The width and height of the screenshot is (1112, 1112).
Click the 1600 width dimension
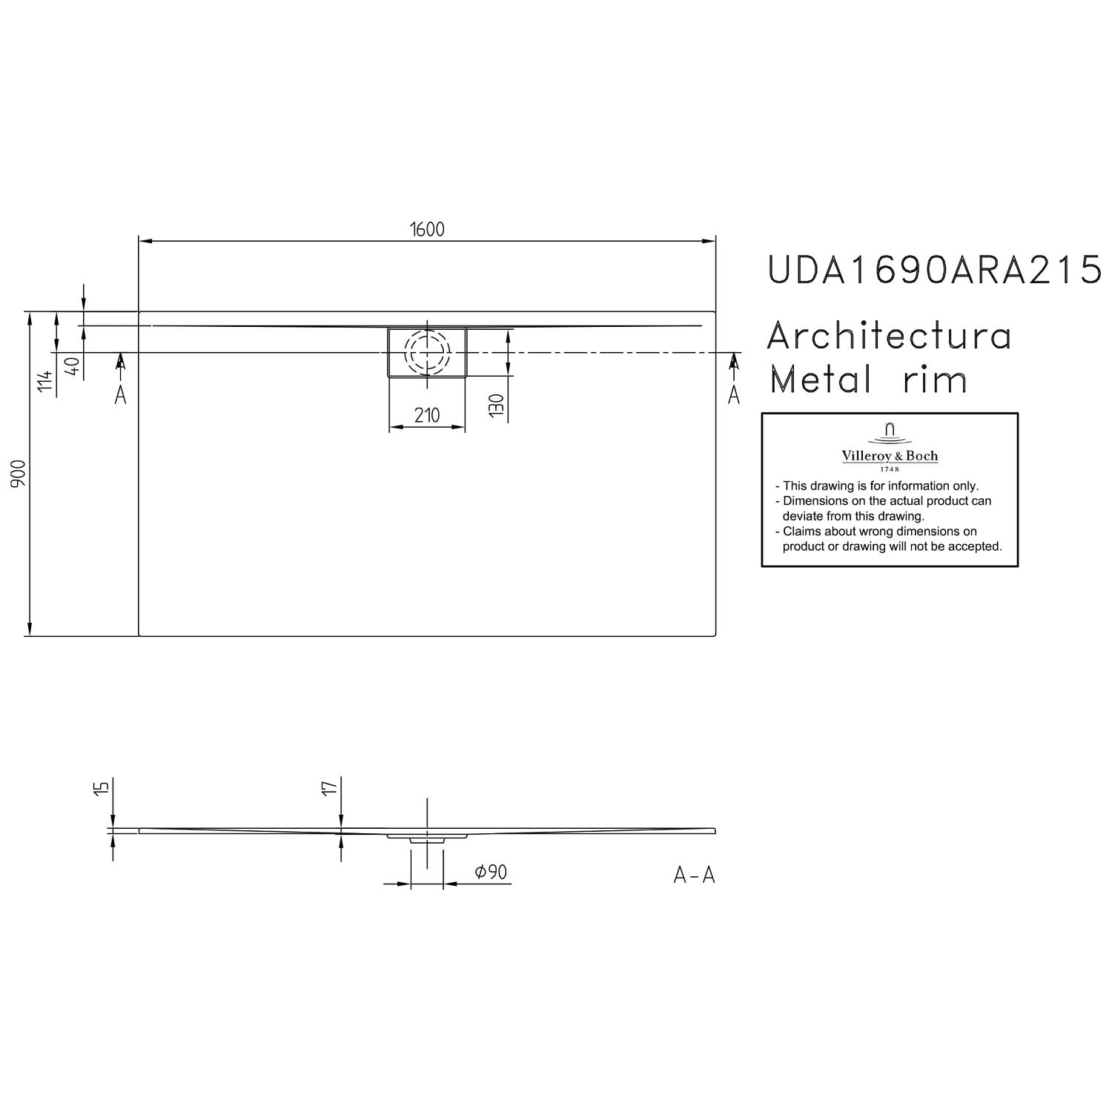[428, 230]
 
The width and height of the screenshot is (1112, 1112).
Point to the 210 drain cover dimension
[427, 416]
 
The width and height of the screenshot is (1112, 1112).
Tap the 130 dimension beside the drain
[497, 408]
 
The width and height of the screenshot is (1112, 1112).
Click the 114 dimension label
[46, 382]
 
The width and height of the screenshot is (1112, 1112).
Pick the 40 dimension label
[73, 366]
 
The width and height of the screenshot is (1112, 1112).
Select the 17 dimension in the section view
[330, 787]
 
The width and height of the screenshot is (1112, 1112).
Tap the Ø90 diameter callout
[490, 873]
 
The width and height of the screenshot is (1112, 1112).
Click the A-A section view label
[694, 876]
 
